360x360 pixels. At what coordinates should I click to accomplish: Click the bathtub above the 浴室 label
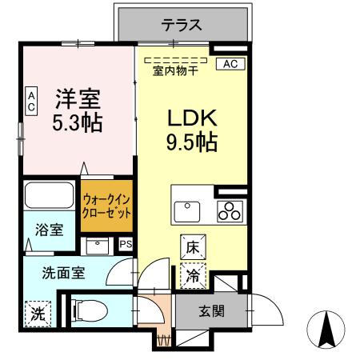pos(50,198)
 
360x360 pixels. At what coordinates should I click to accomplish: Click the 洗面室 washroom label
pos(63,272)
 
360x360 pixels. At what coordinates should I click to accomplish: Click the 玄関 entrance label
pos(211,310)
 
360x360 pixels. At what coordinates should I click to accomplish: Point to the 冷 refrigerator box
pos(194,276)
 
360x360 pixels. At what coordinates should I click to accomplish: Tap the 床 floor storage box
pos(194,248)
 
